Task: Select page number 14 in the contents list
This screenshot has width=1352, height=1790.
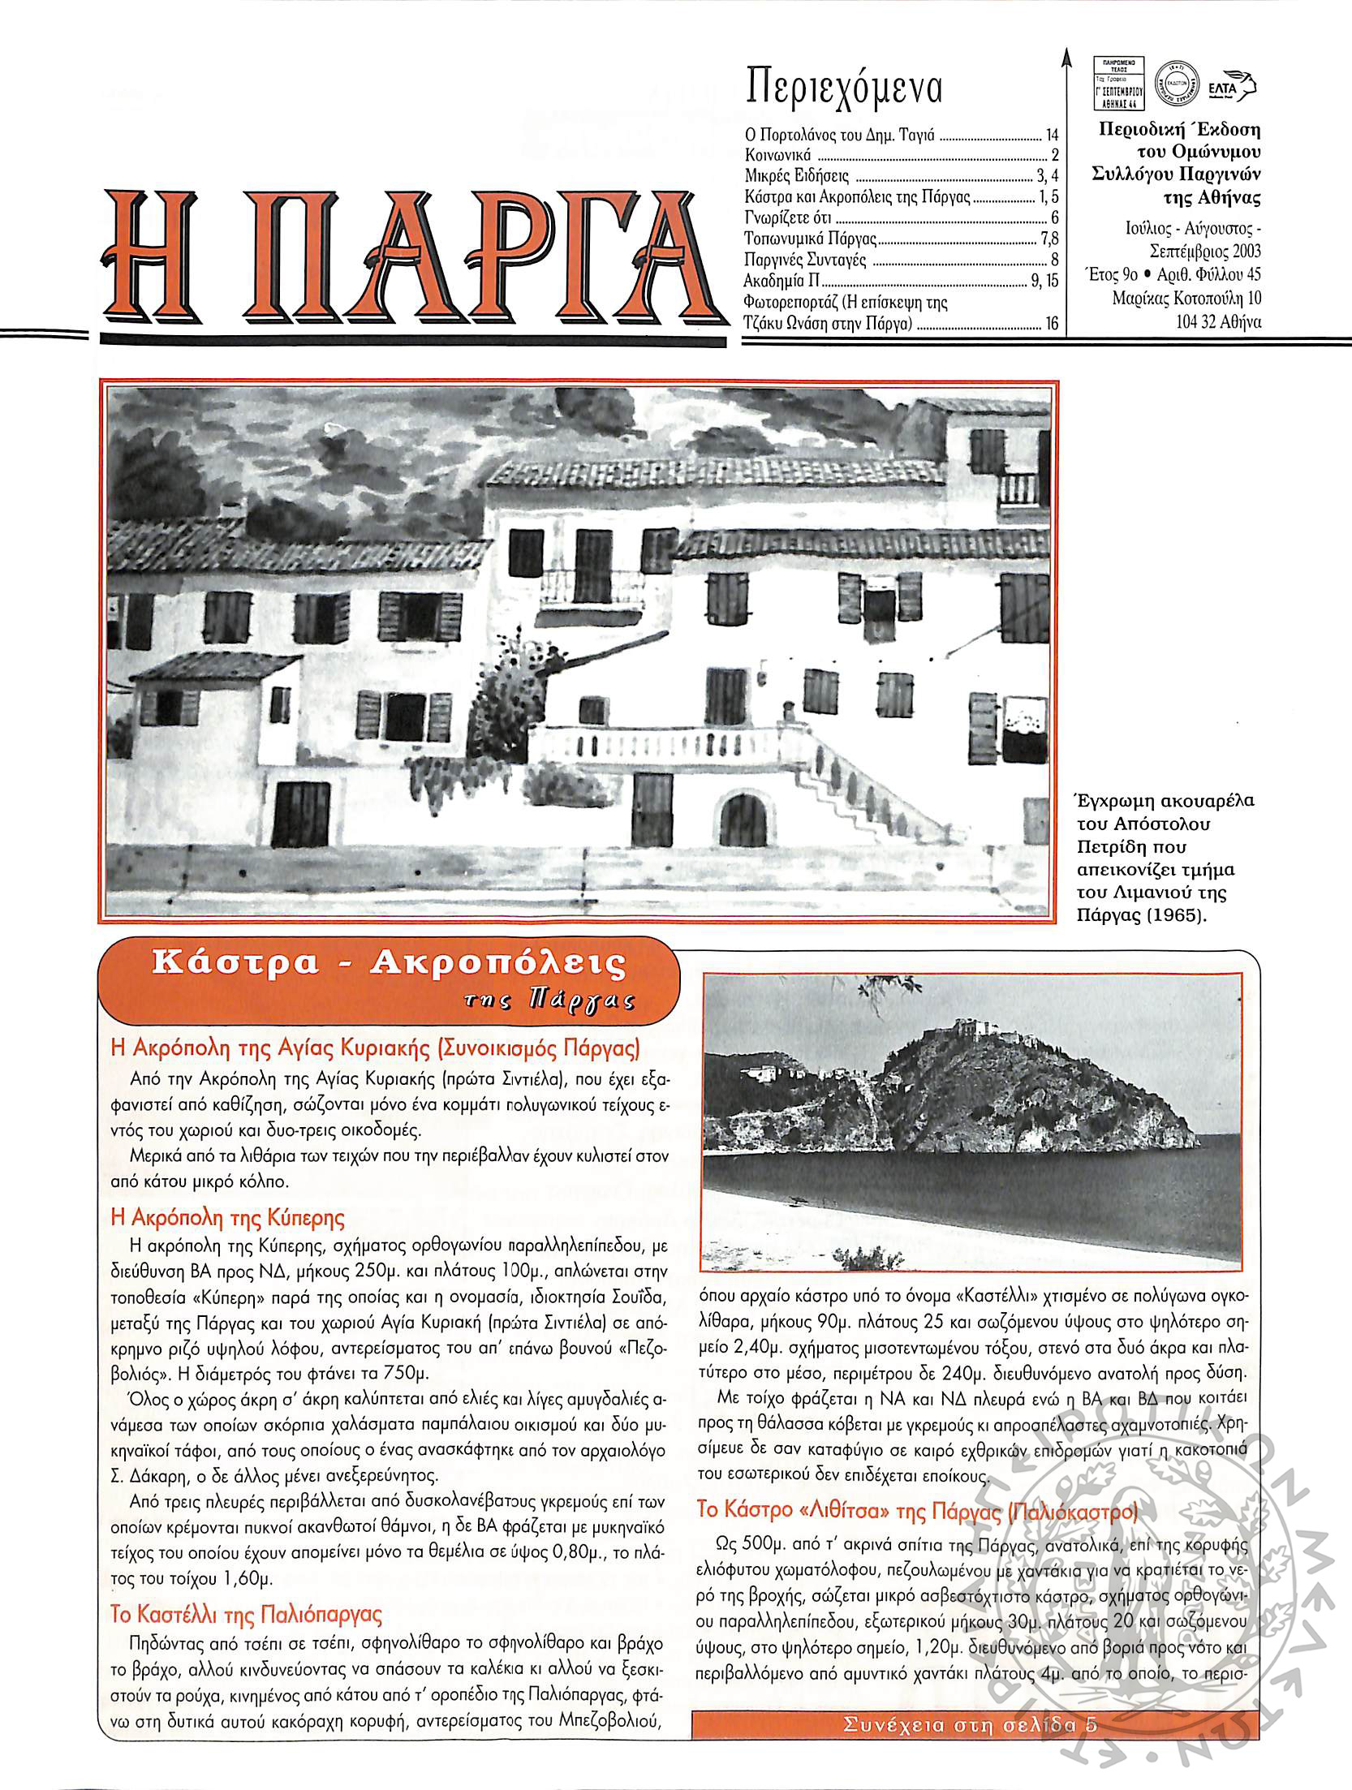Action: [1052, 136]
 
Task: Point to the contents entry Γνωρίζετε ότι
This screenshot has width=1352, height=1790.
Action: [788, 218]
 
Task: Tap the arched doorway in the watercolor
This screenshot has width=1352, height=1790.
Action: [743, 820]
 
